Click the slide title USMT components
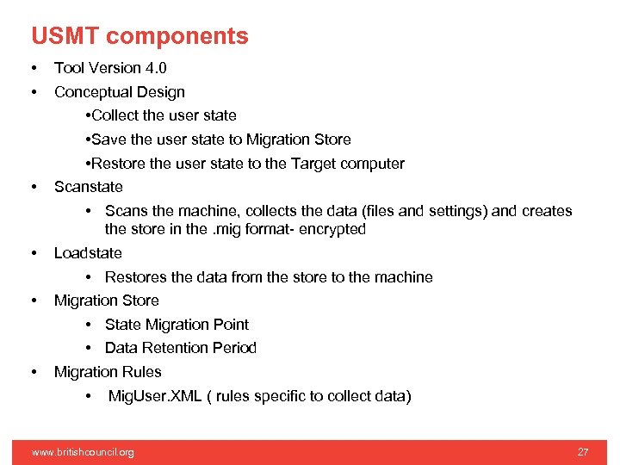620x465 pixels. [x=139, y=36]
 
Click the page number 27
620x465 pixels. [x=583, y=452]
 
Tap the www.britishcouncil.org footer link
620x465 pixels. [x=83, y=452]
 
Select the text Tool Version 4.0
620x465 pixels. [x=110, y=68]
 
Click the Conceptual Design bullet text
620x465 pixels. [x=119, y=92]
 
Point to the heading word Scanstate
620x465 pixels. [x=88, y=187]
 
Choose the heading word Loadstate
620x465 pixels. [x=88, y=253]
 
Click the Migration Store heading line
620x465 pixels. [x=106, y=301]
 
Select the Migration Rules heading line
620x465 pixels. [x=108, y=372]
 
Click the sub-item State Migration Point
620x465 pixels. [x=177, y=325]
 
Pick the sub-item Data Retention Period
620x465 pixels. [x=181, y=348]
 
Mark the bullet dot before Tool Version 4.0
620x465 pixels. [x=33, y=68]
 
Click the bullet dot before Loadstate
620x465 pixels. [x=33, y=253]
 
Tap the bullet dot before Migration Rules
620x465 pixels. [x=33, y=372]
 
